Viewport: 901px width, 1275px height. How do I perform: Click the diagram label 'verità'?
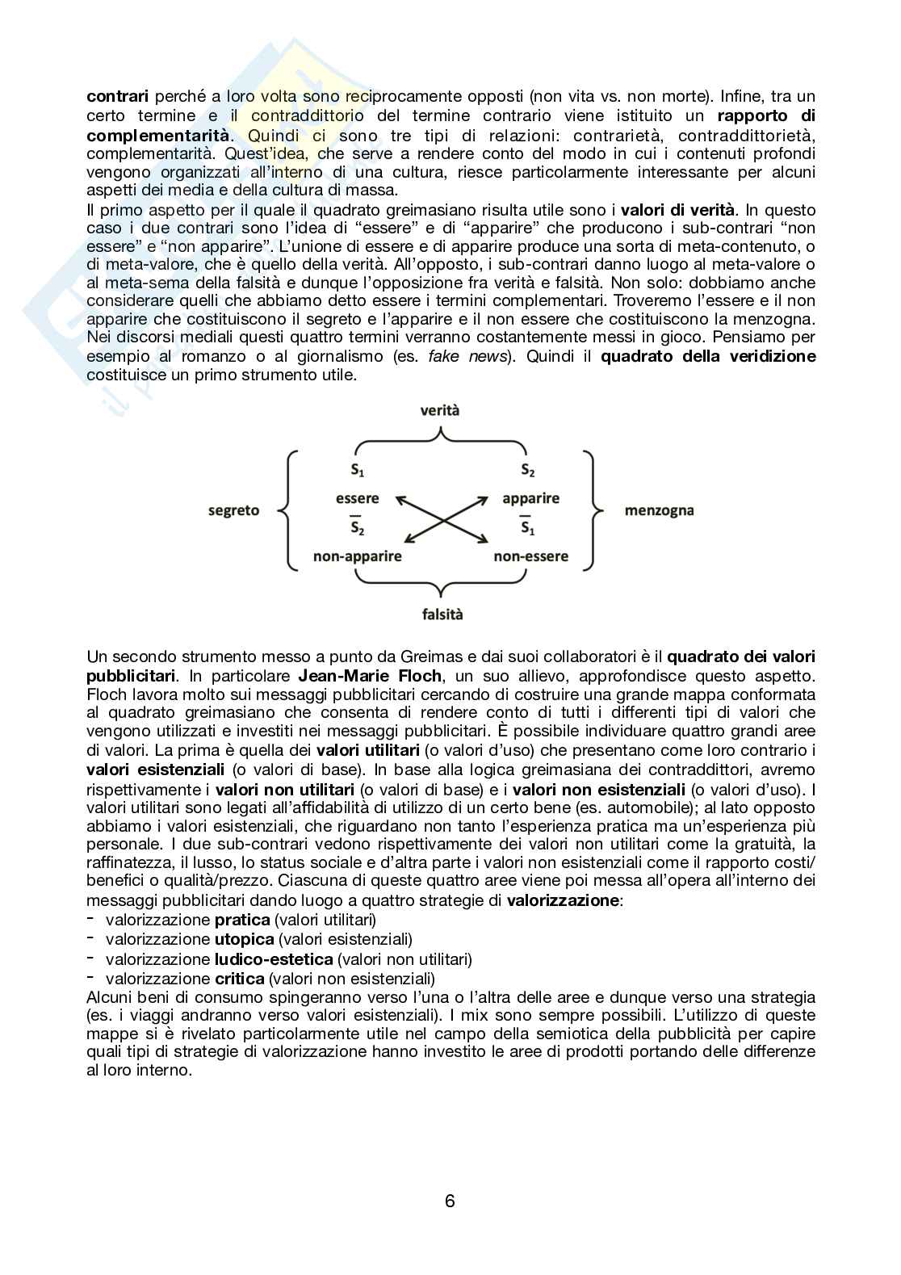[x=440, y=410]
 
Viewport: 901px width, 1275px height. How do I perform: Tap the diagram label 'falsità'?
[x=442, y=614]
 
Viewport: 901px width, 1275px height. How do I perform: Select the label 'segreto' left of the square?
[x=233, y=510]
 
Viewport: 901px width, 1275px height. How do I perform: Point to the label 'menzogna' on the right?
[x=659, y=510]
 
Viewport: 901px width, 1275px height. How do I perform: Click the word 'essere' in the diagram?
[x=357, y=498]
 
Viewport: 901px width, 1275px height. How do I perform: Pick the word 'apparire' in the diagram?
[x=530, y=498]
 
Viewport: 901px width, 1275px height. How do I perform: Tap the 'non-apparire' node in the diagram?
[x=357, y=556]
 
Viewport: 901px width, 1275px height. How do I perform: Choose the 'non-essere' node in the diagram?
[x=530, y=556]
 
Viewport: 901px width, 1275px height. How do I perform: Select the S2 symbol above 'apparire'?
[x=528, y=470]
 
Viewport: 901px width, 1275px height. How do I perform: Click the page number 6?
[x=450, y=1202]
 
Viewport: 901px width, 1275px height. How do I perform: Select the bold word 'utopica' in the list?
[x=244, y=939]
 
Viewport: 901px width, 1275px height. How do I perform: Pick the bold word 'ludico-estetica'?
[x=273, y=959]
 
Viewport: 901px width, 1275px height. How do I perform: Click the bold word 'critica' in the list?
[x=239, y=979]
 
